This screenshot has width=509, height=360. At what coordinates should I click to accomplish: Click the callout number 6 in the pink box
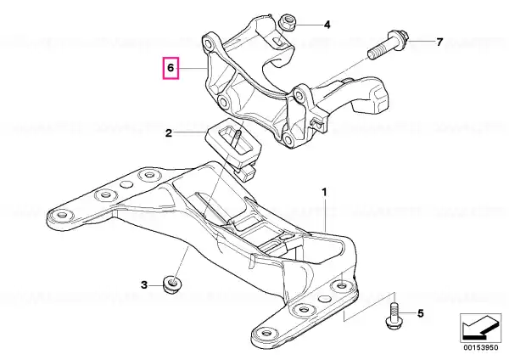[171, 68]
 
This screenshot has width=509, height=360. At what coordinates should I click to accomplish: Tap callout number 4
[327, 25]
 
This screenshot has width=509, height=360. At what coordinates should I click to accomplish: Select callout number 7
[439, 42]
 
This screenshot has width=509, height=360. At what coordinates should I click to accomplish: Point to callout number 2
[169, 133]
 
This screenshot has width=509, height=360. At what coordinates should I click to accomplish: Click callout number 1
[324, 193]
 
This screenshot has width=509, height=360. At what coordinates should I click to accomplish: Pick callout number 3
[144, 285]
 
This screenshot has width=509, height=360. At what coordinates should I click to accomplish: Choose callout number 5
[421, 313]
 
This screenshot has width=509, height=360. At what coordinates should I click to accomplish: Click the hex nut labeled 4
[288, 22]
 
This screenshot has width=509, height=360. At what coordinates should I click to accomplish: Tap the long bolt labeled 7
[389, 44]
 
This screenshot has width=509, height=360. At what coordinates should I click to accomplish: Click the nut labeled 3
[172, 284]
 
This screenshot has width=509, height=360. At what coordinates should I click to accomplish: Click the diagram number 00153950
[481, 347]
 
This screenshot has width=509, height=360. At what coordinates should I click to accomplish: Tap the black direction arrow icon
[480, 327]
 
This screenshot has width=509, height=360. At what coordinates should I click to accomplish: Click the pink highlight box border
[163, 68]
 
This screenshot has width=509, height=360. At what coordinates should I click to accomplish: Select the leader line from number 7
[422, 42]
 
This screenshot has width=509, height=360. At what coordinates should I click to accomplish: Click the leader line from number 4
[308, 25]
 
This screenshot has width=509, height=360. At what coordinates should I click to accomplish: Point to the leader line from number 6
[193, 68]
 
